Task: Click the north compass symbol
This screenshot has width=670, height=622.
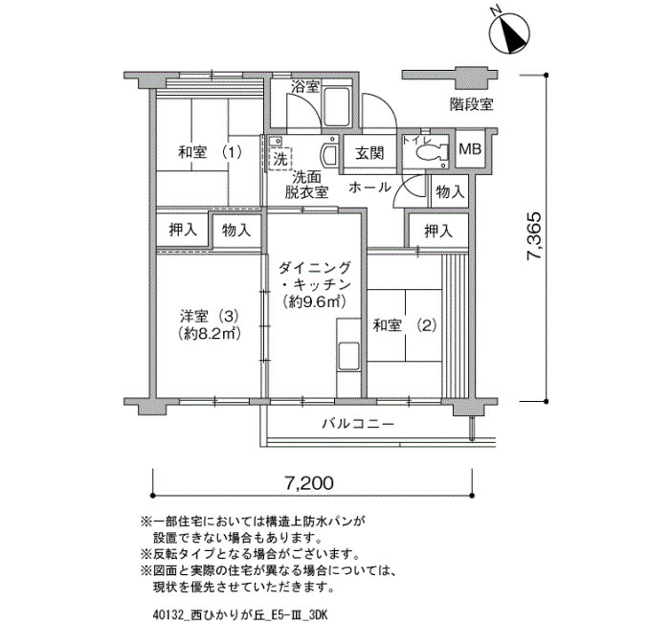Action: [510, 33]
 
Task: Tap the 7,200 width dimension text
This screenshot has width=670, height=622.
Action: [309, 483]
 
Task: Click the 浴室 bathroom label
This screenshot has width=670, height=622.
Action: [305, 87]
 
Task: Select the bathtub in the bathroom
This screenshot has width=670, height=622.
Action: [338, 106]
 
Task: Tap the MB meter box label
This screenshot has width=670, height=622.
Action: [470, 149]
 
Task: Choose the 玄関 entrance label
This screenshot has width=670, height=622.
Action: [369, 153]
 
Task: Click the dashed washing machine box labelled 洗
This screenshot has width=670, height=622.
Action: [279, 159]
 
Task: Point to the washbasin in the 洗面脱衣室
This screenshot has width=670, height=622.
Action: [329, 155]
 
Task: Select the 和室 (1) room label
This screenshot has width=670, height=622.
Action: [210, 152]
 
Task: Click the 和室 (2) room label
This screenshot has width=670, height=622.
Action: [404, 326]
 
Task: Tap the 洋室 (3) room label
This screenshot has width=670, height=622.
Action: [209, 317]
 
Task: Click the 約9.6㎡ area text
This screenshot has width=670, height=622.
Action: [314, 302]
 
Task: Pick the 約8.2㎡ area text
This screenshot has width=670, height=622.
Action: [209, 333]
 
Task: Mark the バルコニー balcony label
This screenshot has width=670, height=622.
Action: [358, 424]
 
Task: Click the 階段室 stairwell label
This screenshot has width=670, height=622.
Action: [471, 104]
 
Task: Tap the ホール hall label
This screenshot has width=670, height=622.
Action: [369, 188]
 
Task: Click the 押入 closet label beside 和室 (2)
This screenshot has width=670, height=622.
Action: [438, 232]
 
